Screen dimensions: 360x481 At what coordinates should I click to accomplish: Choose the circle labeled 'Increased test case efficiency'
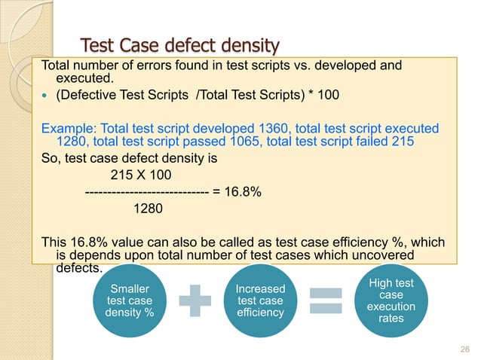click(x=261, y=300)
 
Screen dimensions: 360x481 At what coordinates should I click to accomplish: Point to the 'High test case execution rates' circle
click(x=391, y=300)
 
